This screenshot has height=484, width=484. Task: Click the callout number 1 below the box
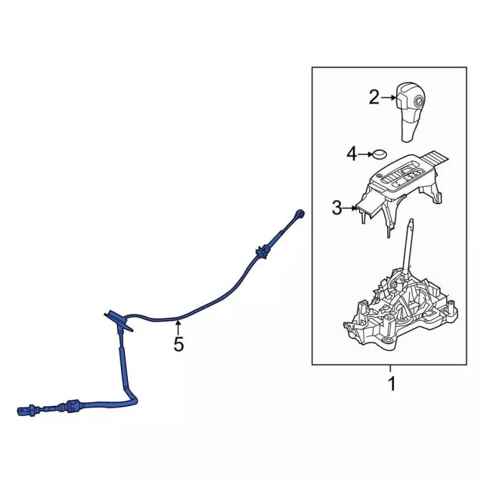[392, 384]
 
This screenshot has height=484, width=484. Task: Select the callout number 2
[374, 98]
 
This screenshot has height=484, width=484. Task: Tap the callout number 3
[337, 208]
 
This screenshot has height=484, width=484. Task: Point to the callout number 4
[352, 154]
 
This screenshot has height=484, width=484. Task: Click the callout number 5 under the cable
[178, 344]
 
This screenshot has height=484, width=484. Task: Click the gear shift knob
[410, 112]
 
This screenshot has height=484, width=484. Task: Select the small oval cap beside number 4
[380, 154]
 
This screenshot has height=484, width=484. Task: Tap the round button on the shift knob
[418, 101]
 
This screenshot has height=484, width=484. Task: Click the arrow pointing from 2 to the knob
[388, 98]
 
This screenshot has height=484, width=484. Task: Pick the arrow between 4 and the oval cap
[366, 154]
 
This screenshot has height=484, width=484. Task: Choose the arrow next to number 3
[349, 208]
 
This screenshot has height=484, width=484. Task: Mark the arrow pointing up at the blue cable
[178, 327]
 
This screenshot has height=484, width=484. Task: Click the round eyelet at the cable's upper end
[300, 213]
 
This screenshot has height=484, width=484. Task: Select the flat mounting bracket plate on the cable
[119, 321]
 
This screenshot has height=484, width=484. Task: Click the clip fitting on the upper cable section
[262, 252]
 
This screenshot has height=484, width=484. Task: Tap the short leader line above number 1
[390, 368]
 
